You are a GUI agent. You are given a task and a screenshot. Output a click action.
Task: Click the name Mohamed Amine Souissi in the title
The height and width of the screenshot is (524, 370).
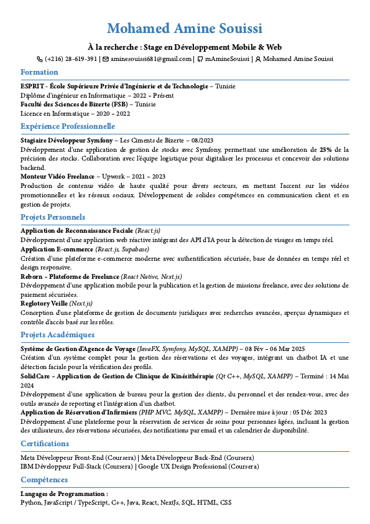[185, 29]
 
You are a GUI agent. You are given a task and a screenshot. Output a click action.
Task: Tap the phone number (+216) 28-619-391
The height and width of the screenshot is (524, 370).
[71, 59]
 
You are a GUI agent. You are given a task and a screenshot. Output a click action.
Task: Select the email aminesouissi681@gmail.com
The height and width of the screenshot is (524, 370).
[151, 59]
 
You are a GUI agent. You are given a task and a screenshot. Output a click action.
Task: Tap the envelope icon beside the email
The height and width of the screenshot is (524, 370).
[106, 59]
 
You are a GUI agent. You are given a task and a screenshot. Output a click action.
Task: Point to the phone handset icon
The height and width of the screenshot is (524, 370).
[40, 59]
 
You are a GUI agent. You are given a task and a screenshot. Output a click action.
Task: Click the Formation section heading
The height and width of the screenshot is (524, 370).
[39, 72]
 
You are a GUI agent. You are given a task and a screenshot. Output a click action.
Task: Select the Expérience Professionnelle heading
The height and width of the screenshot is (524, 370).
[68, 126]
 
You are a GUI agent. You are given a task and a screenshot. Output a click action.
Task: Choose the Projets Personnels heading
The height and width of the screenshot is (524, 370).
[53, 217]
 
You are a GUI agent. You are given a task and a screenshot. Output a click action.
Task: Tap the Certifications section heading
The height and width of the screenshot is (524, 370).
[45, 444]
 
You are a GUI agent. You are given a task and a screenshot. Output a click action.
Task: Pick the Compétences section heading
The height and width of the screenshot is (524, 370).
[44, 480]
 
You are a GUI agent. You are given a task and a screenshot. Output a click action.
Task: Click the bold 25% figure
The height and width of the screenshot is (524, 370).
[326, 150]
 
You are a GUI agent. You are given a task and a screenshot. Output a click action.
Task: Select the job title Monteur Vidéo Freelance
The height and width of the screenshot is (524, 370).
[57, 177]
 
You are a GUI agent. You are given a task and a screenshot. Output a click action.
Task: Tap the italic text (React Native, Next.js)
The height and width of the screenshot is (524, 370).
[151, 276]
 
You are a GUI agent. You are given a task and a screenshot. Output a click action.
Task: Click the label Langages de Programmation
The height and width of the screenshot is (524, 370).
[63, 494]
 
